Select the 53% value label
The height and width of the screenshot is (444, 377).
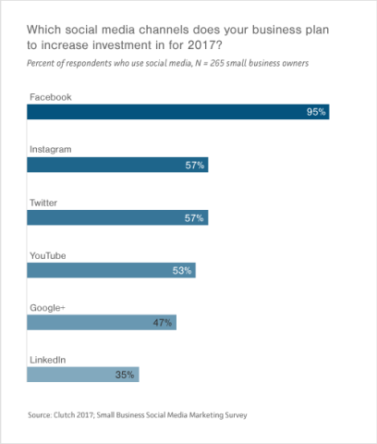(x=182, y=270)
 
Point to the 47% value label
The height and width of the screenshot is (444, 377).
(x=163, y=322)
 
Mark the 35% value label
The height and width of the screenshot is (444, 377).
(x=126, y=375)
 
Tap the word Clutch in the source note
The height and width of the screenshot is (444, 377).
(x=68, y=415)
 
